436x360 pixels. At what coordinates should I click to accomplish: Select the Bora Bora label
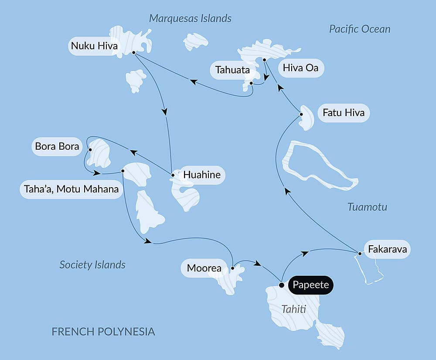pos(57,146)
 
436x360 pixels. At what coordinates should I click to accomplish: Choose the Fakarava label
pos(387,250)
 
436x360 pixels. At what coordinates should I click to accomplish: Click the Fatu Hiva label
pos(344,113)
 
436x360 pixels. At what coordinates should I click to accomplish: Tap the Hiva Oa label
pos(300,68)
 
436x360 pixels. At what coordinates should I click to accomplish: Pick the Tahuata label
pos(232,70)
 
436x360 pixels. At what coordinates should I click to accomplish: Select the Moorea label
pos(204,268)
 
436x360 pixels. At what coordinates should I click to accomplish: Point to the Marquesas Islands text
pos(190,18)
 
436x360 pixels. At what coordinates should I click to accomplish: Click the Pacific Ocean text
pos(360,29)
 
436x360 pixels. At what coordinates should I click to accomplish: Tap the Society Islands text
pos(92,264)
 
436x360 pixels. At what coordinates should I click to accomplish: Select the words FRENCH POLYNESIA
pos(103,332)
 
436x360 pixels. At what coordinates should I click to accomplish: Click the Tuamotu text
pos(367,207)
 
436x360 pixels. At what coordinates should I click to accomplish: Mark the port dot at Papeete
pos(281,285)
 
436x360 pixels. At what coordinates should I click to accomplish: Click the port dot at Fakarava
pos(359,254)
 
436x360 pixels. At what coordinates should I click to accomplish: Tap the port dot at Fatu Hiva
pos(301,114)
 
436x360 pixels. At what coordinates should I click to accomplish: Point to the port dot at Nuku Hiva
pos(133,52)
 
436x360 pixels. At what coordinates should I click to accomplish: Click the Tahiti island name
pos(293,309)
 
